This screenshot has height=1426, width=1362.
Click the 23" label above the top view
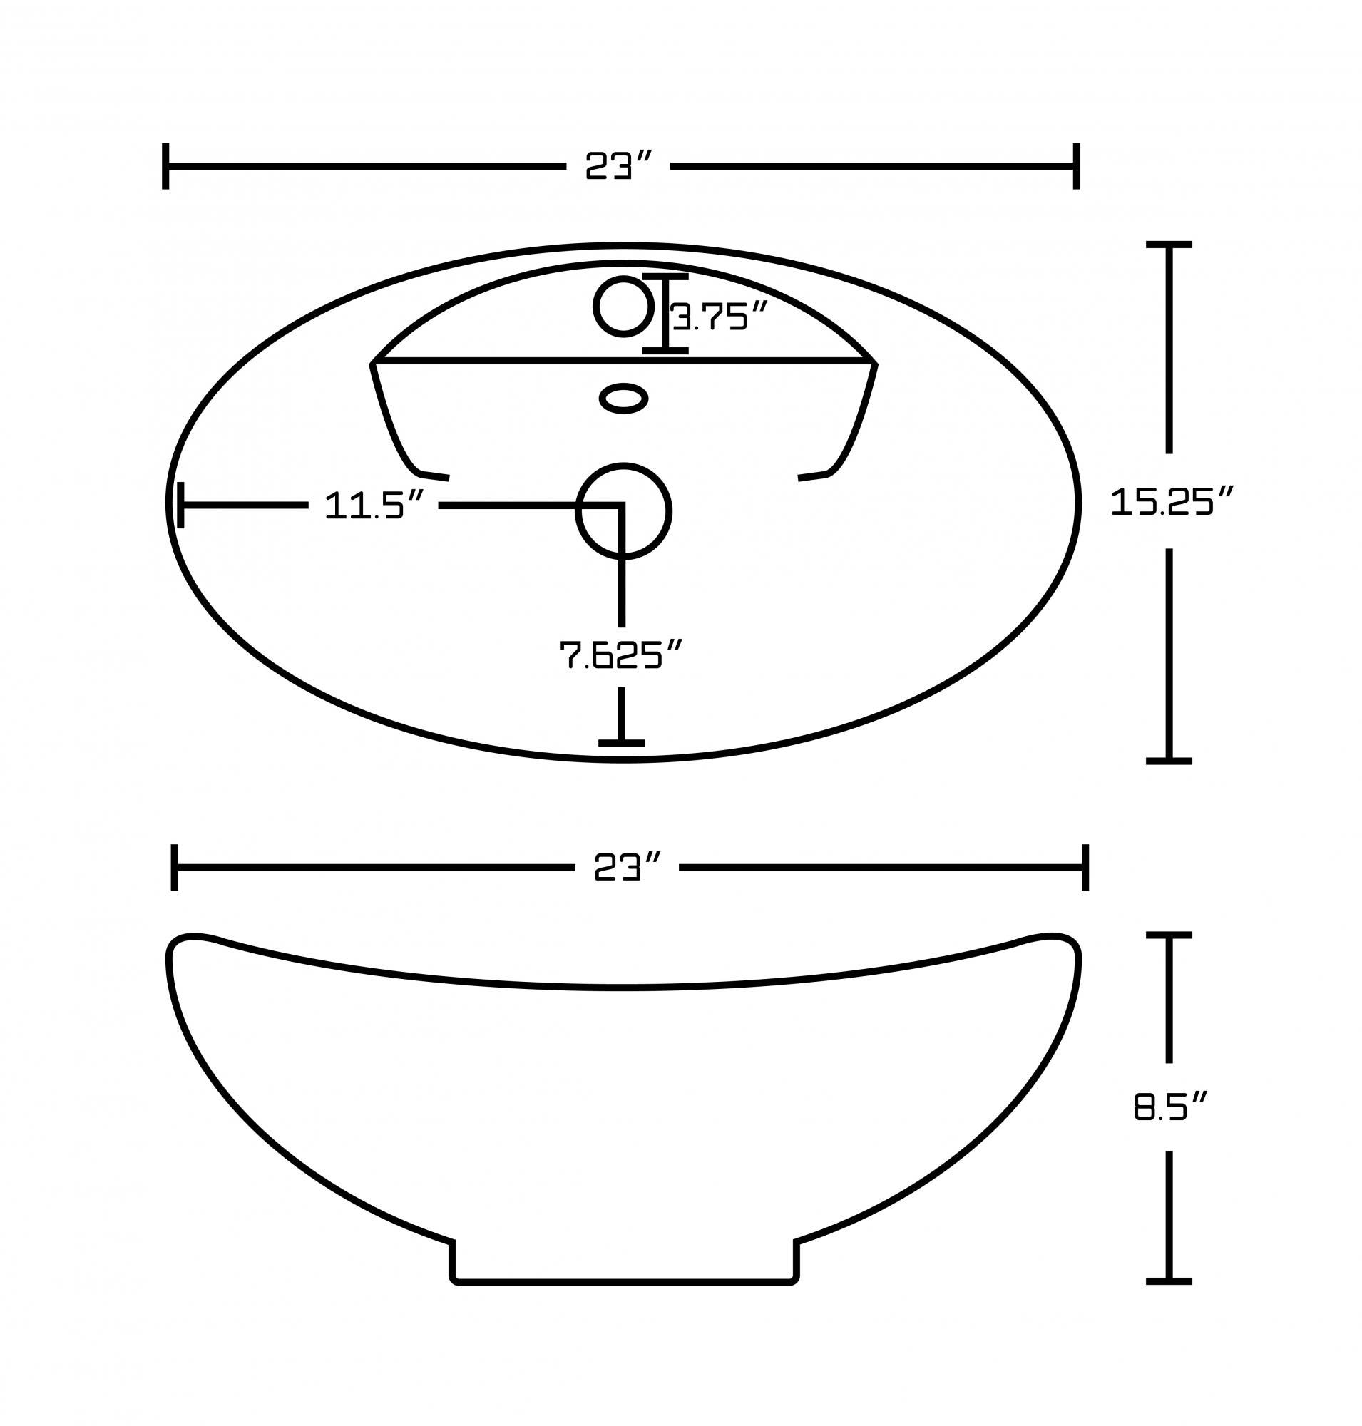pos(618,166)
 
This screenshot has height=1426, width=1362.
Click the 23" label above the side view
pos(627,867)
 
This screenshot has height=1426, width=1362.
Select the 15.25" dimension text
pos(1172,501)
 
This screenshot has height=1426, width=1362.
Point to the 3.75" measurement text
pos(719,317)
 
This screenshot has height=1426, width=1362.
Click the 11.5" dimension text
pos(373,505)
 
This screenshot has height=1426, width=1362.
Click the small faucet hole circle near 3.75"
pos(623,307)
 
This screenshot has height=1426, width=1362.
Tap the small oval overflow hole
pos(623,398)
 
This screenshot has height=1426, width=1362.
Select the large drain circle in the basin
pos(623,511)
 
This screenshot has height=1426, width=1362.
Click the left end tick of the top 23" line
pos(165,166)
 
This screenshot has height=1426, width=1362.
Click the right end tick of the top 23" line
pos(1077,166)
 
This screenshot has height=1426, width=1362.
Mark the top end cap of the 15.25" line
pos(1169,245)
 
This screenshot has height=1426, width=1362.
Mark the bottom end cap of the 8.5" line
pos(1169,1281)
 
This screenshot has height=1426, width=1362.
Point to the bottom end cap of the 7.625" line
pos(622,743)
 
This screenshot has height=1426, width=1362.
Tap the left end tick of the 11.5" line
pos(180,505)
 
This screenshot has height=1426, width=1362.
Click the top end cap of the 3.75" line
pos(665,277)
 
